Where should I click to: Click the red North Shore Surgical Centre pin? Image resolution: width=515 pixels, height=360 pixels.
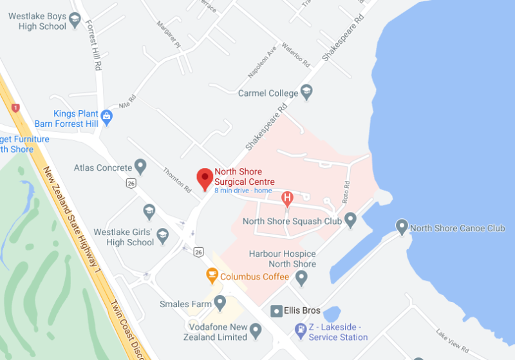205,178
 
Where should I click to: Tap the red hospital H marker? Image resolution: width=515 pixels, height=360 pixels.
288,198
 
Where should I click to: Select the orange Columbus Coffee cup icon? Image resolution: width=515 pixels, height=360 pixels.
211,276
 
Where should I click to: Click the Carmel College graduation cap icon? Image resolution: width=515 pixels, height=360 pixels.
306,93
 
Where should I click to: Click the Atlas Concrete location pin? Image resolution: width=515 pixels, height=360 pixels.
140,167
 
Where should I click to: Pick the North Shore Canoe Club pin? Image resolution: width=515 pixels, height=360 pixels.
402,228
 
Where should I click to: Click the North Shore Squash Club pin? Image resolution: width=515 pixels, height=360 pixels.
350,221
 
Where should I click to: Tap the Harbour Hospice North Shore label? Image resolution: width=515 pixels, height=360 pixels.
283,259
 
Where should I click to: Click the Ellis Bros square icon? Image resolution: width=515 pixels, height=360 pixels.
276,310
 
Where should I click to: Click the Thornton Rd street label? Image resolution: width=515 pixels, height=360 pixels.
178,180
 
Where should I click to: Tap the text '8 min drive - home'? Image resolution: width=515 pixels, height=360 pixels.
243,191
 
